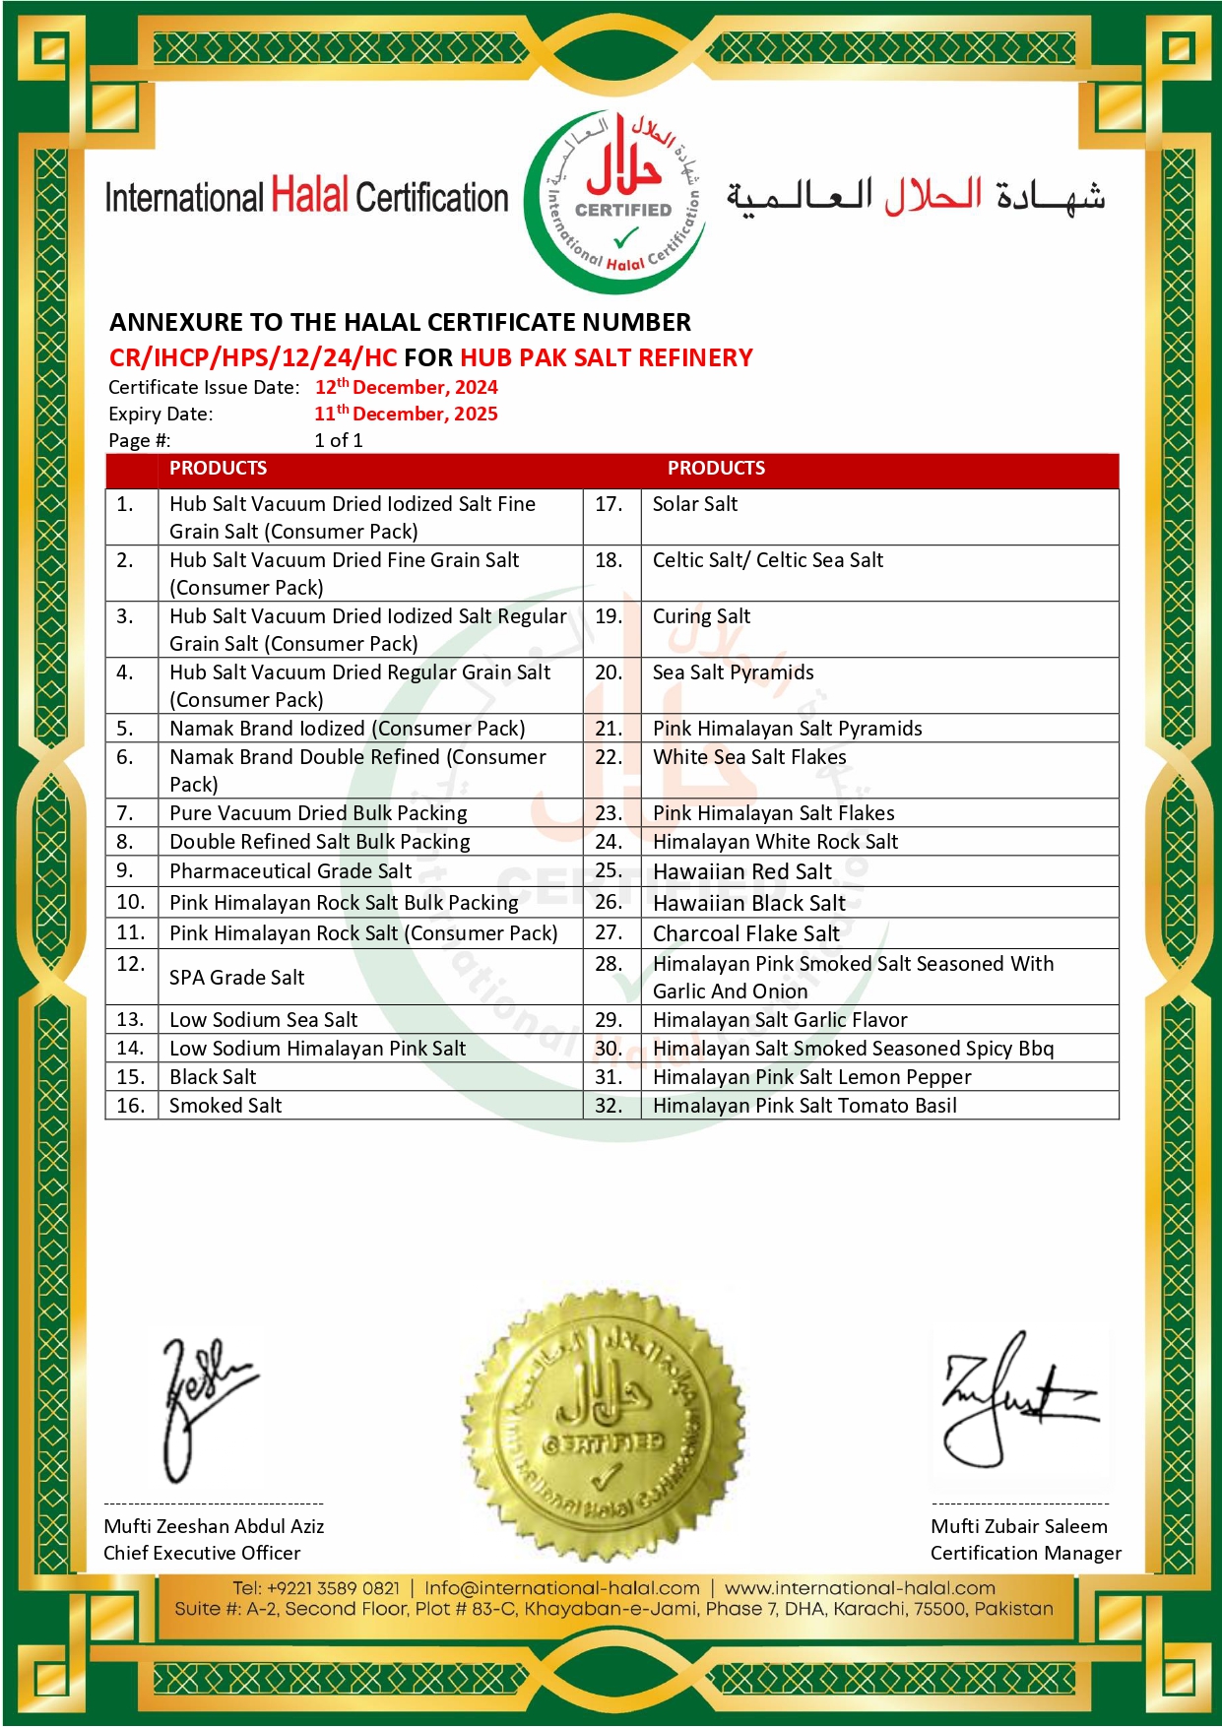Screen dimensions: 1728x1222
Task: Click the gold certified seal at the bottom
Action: (x=604, y=1429)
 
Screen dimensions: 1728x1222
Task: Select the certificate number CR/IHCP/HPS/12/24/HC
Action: (x=253, y=357)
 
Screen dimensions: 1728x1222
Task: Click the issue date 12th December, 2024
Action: (x=406, y=387)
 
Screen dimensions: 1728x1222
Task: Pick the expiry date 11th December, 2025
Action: (x=406, y=414)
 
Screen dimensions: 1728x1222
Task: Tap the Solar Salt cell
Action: (x=695, y=504)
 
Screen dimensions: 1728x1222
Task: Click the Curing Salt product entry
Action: (x=701, y=616)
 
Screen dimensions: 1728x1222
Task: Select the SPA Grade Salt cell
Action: (x=237, y=978)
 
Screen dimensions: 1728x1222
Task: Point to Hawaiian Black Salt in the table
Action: (x=749, y=903)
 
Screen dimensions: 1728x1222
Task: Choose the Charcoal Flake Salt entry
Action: (x=746, y=933)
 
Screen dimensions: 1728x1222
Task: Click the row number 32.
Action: (x=609, y=1106)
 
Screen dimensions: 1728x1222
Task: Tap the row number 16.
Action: (x=131, y=1106)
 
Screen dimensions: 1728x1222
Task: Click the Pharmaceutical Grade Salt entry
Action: (x=290, y=871)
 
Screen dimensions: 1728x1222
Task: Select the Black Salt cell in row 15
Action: (x=213, y=1077)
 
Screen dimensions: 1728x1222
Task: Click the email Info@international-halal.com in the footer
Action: (x=562, y=1588)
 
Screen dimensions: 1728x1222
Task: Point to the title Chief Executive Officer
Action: (x=202, y=1553)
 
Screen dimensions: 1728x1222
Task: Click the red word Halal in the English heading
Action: (x=309, y=196)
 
